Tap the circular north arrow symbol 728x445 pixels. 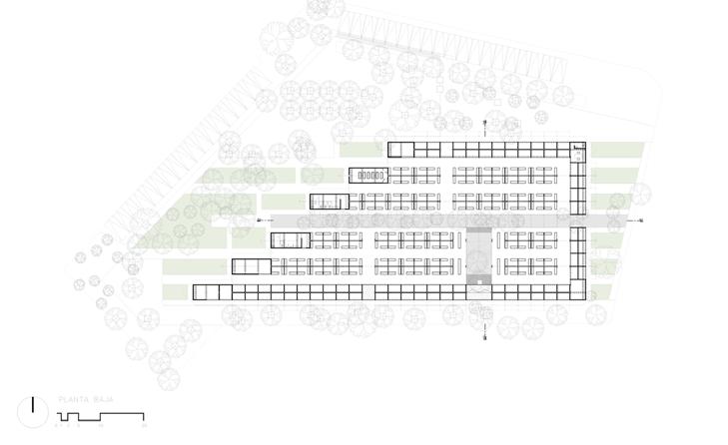[x=34, y=410]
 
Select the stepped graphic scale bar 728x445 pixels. [x=100, y=415]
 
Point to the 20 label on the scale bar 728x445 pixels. [x=145, y=426]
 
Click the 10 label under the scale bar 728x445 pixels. [x=100, y=426]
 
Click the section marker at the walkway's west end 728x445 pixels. [x=259, y=220]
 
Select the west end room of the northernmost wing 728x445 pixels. [x=399, y=149]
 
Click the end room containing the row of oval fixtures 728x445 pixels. [x=368, y=175]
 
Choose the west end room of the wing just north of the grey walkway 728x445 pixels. [x=329, y=201]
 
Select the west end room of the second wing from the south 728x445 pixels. [x=250, y=265]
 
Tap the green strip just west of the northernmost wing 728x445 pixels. [x=362, y=150]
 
